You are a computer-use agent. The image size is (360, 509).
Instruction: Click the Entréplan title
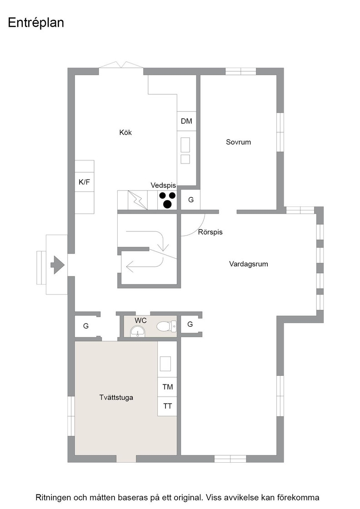(36, 23)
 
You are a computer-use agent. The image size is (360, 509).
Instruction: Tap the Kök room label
(125, 132)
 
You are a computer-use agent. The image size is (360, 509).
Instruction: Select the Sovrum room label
(238, 142)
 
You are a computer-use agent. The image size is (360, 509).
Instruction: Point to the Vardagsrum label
(249, 264)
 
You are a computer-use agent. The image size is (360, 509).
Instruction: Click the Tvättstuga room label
(116, 397)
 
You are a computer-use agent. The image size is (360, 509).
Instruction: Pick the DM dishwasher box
(187, 121)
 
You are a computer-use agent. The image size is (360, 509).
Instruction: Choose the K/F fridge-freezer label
(85, 182)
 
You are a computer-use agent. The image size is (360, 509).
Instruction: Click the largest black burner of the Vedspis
(167, 204)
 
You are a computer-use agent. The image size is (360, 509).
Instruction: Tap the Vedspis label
(163, 185)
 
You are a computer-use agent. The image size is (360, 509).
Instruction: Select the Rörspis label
(210, 232)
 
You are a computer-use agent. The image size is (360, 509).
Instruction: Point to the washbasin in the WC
(138, 331)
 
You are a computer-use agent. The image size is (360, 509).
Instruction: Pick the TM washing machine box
(168, 387)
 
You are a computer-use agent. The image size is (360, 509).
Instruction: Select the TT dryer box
(168, 406)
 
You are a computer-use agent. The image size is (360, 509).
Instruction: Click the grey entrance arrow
(58, 265)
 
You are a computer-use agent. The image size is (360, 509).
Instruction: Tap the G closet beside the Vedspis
(190, 200)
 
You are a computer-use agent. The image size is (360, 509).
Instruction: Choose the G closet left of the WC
(86, 326)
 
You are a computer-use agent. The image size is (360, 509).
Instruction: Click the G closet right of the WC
(190, 324)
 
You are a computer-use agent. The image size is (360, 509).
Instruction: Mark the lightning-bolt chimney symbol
(138, 200)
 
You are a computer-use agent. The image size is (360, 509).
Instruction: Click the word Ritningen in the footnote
(53, 497)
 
